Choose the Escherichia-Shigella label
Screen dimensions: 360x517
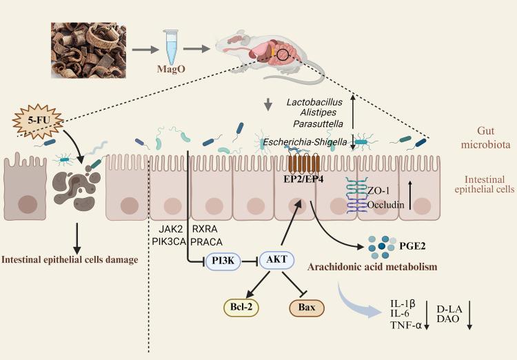click(x=307, y=142)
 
